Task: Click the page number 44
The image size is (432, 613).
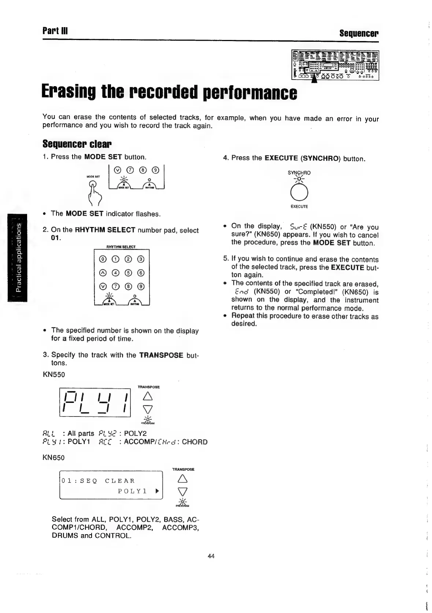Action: click(211, 556)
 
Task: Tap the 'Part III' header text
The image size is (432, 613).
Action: click(55, 31)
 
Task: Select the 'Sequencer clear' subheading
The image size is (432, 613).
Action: click(77, 143)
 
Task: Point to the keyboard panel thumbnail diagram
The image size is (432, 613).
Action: click(335, 65)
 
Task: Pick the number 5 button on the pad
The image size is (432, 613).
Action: click(128, 273)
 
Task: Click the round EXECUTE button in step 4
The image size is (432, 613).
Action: click(300, 192)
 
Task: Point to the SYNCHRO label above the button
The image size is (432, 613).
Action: click(299, 173)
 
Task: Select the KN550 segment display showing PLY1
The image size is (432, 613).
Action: click(95, 402)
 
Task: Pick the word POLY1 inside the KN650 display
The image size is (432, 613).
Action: click(132, 491)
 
